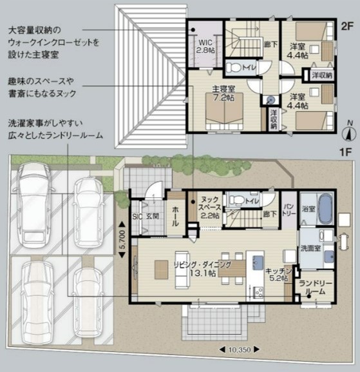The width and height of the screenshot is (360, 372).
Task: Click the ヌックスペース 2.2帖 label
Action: (x=210, y=208)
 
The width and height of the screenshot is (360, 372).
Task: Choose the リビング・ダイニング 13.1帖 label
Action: (x=202, y=269)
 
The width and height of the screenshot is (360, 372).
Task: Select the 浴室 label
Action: (x=308, y=209)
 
